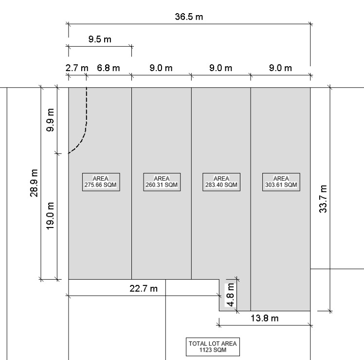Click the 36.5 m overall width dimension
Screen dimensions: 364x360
tap(189, 17)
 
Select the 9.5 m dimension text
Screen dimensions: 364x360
tap(100, 39)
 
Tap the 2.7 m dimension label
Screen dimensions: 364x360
tap(77, 68)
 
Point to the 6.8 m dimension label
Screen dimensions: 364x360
tap(109, 68)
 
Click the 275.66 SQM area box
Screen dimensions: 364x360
tap(101, 182)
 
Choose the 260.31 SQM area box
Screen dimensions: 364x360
tap(162, 182)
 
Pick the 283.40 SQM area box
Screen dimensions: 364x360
tap(221, 182)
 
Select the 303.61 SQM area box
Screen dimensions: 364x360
tap(281, 182)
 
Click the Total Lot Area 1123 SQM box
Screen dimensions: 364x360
tap(213, 347)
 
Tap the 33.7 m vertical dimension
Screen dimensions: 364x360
tap(323, 199)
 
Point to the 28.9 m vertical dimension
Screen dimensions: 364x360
tap(34, 183)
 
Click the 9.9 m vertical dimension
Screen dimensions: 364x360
tap(50, 120)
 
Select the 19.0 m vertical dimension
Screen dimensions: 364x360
tap(50, 216)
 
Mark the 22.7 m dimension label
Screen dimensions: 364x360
tap(144, 289)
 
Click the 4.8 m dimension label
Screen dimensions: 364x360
tap(230, 295)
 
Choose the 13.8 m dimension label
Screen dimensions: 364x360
tap(265, 318)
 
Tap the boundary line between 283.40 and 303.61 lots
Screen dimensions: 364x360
tap(251, 199)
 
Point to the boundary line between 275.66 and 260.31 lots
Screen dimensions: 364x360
tap(131, 183)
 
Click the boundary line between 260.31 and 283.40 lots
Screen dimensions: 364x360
tap(192, 183)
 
